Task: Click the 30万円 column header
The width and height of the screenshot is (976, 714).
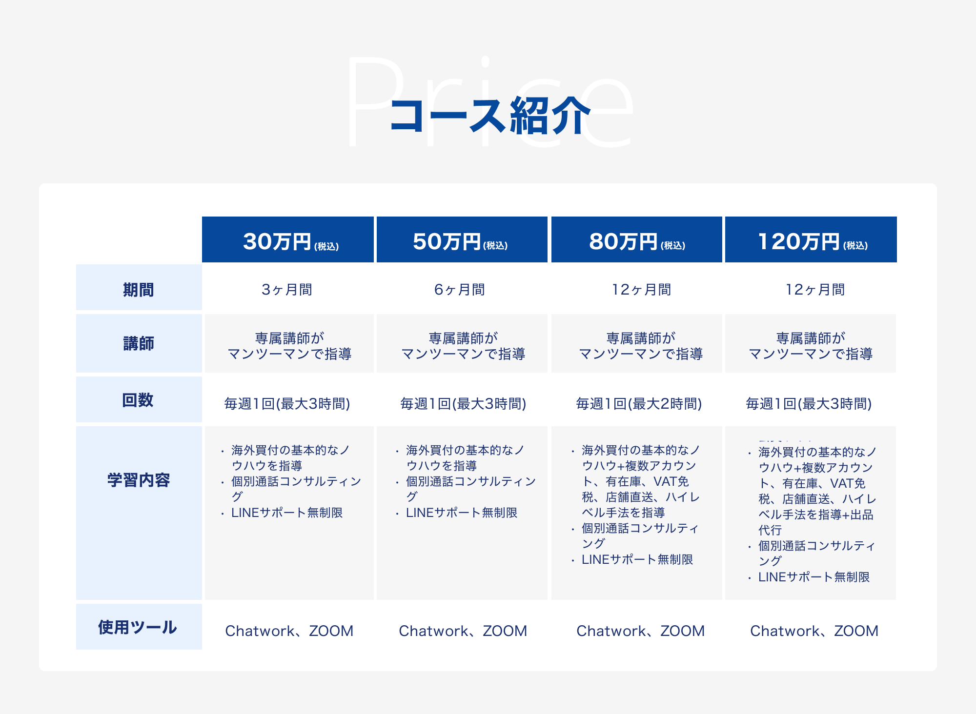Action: (x=288, y=239)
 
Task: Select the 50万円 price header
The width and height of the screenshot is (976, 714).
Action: (x=462, y=239)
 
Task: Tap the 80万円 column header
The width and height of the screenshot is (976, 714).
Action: (x=637, y=239)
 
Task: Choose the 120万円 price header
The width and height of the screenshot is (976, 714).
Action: (x=811, y=239)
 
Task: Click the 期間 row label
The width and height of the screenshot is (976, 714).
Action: (x=139, y=290)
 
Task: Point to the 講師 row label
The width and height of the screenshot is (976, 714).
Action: (x=139, y=343)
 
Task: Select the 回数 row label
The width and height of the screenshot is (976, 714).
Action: (x=138, y=400)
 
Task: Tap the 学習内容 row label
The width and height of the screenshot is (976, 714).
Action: (x=139, y=480)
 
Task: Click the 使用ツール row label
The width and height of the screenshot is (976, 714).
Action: (x=138, y=627)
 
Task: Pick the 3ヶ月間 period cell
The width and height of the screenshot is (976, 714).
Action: (x=287, y=290)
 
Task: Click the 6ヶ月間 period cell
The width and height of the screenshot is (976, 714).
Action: (x=460, y=290)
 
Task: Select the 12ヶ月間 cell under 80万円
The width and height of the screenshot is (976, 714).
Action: (x=642, y=290)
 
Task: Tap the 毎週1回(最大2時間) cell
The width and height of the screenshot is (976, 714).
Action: (x=639, y=403)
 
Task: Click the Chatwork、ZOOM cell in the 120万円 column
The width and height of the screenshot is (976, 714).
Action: (x=814, y=631)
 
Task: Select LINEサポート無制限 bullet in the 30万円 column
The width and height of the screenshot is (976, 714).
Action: (x=287, y=513)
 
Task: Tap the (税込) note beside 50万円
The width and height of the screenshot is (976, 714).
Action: (x=496, y=246)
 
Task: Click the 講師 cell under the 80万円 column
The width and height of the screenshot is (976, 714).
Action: (x=641, y=346)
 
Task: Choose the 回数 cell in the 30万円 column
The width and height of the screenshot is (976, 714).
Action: (x=287, y=403)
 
